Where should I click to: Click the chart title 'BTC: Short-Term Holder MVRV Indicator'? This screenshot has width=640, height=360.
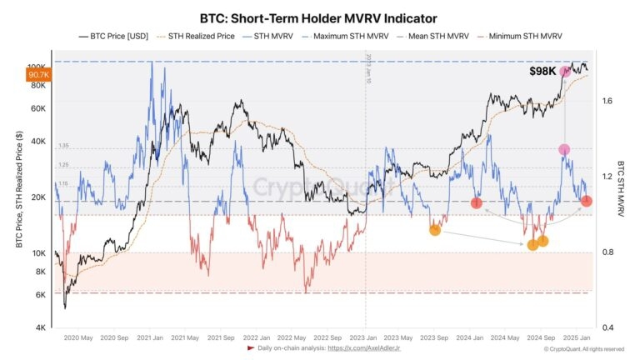(318, 17)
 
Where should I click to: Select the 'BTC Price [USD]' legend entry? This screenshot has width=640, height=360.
(114, 37)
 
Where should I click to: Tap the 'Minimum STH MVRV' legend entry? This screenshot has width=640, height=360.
(525, 37)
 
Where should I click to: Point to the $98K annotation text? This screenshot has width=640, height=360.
(542, 72)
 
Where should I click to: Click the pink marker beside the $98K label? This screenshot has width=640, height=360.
(565, 72)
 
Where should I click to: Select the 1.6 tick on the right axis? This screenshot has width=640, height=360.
(607, 101)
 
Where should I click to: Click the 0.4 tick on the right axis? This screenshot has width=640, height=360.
(607, 327)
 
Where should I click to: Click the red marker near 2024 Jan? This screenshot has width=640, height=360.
(477, 203)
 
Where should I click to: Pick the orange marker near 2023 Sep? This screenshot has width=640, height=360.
(434, 230)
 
